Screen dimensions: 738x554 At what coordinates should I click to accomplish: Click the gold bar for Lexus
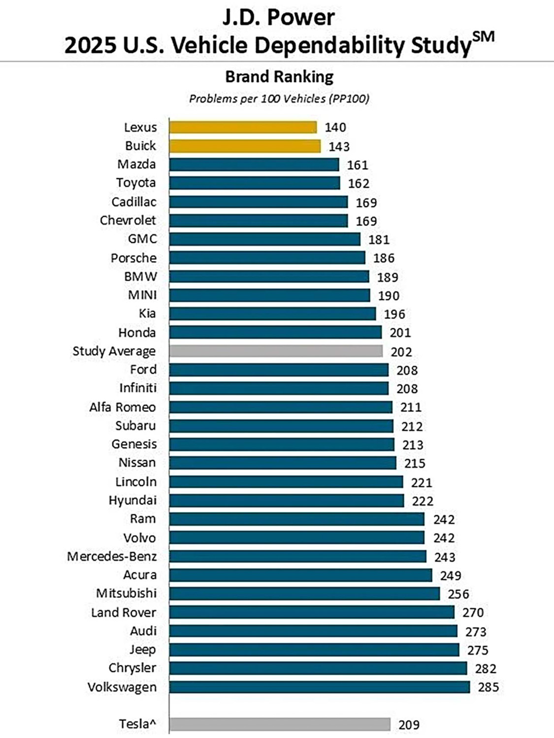(243, 127)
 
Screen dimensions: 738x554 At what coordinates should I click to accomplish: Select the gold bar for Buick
(245, 146)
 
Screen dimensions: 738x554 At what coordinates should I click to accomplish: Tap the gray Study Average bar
(276, 351)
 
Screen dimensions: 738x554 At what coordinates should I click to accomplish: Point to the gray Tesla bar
(280, 724)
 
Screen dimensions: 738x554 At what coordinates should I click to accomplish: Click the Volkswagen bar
(320, 687)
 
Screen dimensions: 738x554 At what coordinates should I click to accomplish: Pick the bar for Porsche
(267, 258)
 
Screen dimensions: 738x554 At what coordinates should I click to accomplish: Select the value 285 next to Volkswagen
(488, 687)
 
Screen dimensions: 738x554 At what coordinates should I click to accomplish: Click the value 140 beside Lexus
(335, 127)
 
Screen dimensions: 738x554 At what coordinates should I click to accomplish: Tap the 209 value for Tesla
(409, 725)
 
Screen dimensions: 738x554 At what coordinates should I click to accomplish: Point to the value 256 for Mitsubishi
(458, 594)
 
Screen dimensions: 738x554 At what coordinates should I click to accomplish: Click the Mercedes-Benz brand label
(112, 556)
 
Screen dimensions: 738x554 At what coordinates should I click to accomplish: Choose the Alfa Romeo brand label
(122, 407)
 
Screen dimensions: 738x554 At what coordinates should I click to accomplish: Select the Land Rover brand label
(124, 613)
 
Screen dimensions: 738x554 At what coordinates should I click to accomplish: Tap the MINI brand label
(142, 295)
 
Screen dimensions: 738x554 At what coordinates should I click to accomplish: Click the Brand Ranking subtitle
(279, 77)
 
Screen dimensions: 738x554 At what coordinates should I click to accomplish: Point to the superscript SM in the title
(483, 37)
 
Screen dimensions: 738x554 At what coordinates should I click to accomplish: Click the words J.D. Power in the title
(279, 17)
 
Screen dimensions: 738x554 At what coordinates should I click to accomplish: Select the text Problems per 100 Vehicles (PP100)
(279, 99)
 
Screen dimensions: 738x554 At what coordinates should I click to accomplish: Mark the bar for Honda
(275, 333)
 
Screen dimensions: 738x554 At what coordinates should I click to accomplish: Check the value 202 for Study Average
(401, 352)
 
